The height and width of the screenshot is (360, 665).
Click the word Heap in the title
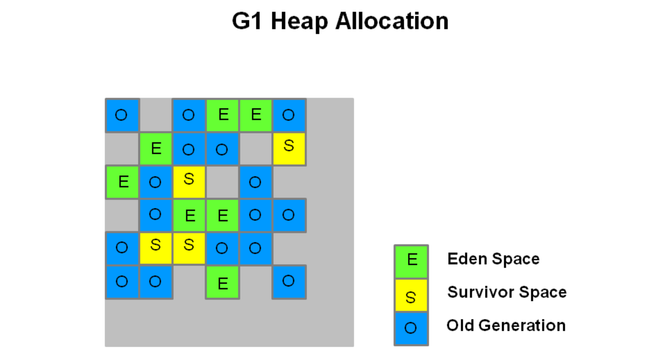click(299, 22)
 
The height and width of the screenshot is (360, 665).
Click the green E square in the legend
click(411, 261)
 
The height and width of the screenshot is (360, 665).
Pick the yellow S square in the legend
click(411, 295)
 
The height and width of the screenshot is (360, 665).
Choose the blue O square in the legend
click(411, 329)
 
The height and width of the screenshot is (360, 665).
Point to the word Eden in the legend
click(467, 259)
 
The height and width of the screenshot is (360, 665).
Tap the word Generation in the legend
click(522, 325)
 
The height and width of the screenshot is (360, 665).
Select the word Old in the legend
click(460, 325)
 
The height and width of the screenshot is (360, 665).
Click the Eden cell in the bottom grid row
click(222, 282)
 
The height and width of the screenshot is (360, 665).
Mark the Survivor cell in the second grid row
click(289, 149)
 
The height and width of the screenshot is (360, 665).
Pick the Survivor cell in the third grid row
click(189, 182)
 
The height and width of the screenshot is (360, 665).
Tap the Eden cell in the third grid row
click(122, 182)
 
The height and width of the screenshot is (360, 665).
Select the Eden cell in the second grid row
click(156, 149)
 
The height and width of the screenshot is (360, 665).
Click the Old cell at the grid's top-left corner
click(122, 115)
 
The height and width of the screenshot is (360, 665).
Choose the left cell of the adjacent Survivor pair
click(156, 249)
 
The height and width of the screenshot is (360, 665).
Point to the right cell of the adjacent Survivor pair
click(189, 249)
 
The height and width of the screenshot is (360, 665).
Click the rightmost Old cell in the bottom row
click(289, 282)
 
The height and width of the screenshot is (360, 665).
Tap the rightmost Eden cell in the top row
click(256, 115)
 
